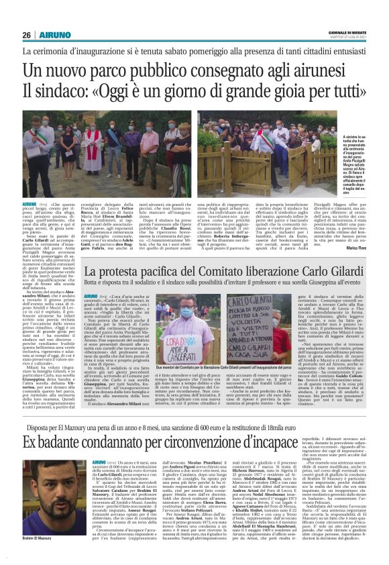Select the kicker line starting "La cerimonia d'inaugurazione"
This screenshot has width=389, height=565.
(x=194, y=51)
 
